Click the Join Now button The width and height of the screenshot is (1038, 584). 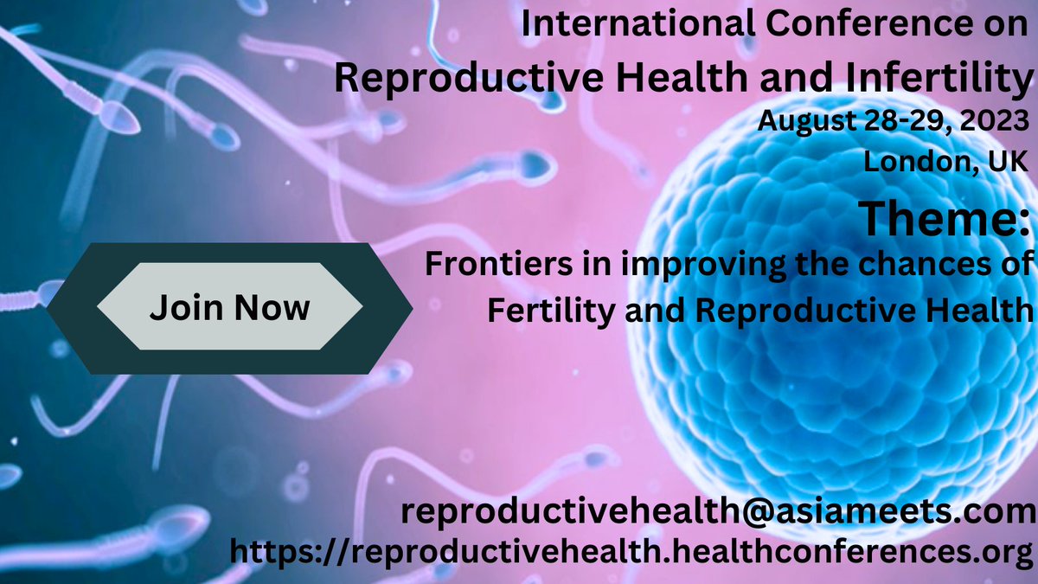pyautogui.click(x=229, y=308)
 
